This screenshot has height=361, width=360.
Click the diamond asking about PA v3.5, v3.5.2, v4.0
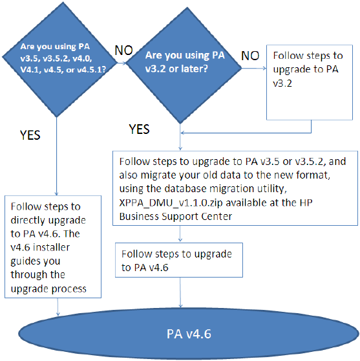pyautogui.click(x=59, y=59)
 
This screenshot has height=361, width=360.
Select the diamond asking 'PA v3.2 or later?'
pyautogui.click(x=184, y=65)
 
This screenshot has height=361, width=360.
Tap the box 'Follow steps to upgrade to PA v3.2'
pyautogui.click(x=310, y=82)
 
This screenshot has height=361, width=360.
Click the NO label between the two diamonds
pyautogui.click(x=123, y=50)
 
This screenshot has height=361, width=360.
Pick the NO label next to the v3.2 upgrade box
pyautogui.click(x=250, y=56)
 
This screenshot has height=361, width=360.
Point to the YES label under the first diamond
pyautogui.click(x=30, y=135)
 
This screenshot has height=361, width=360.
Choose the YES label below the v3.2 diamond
pyautogui.click(x=139, y=129)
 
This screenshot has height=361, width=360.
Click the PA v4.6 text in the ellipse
pyautogui.click(x=189, y=334)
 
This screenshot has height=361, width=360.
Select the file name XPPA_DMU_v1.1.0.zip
pyautogui.click(x=171, y=203)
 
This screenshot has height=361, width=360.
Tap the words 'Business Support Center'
pyautogui.click(x=176, y=217)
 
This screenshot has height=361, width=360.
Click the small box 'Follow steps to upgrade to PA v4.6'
pyautogui.click(x=179, y=260)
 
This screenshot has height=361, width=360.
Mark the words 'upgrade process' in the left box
pyautogui.click(x=48, y=289)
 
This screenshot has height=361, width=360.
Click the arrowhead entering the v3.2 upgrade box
pyautogui.click(x=264, y=69)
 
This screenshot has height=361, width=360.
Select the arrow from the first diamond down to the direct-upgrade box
pyautogui.click(x=57, y=157)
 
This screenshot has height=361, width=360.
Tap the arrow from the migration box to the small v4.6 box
pyautogui.click(x=180, y=234)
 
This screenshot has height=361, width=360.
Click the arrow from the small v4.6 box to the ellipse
pyautogui.click(x=180, y=292)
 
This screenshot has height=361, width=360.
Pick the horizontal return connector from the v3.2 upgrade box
pyautogui.click(x=246, y=133)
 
